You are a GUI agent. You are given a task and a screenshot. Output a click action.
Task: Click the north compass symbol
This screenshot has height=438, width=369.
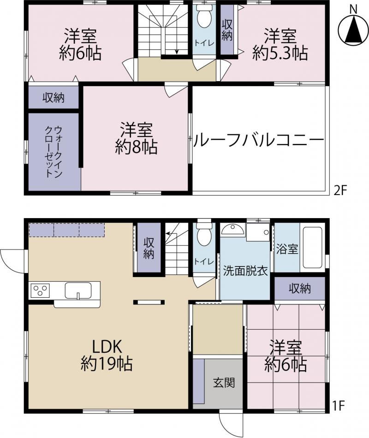pos(354,29)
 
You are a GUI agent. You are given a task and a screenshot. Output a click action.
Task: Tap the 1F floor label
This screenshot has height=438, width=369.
pos(338,406)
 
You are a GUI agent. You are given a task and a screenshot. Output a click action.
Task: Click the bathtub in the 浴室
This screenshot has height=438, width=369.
pos(313,248)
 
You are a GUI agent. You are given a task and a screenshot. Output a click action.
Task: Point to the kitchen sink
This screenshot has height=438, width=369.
pos(78,290)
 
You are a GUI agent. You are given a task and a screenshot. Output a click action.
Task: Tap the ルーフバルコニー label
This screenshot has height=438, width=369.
pos(259,140)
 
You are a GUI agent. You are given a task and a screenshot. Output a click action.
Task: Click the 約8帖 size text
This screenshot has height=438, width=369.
pos(137,147)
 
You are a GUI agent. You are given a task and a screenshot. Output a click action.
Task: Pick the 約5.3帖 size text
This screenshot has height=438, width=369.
pos(280,53)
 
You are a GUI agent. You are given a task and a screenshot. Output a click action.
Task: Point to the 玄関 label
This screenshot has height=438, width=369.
pos(224,382)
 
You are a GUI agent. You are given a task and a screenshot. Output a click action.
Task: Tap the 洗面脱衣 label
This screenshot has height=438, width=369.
pos(245,271)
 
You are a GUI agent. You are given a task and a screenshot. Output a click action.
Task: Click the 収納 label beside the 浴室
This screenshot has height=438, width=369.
pos(300,288)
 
